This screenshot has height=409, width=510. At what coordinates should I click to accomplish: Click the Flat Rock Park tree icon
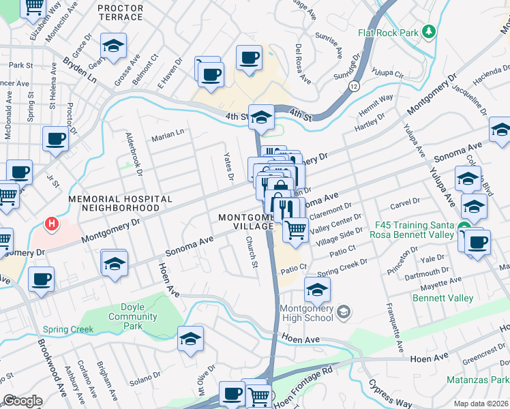coord(429,31)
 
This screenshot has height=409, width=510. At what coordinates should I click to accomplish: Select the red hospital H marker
coord(50,223)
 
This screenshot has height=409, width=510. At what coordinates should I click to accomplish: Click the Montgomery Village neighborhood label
coord(245,222)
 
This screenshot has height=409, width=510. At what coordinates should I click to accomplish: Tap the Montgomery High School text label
coord(306,313)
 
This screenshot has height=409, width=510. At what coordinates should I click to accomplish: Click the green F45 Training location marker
coord(464,227)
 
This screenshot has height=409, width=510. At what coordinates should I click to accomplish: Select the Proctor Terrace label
coord(121,13)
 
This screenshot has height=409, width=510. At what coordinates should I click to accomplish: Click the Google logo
coord(22,401)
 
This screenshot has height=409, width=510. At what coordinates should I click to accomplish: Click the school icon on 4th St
coord(260,117)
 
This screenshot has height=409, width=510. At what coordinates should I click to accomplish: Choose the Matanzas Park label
coord(478,379)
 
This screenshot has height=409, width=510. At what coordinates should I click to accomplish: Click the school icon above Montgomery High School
coord(316,290)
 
